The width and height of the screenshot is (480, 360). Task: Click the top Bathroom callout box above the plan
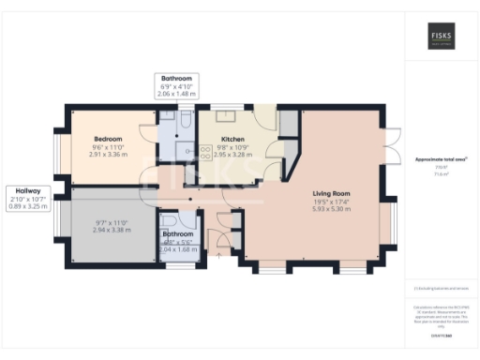point(175,86)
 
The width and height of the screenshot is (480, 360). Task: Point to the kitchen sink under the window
point(226,117)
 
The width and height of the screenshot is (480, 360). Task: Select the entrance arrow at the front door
point(219,253)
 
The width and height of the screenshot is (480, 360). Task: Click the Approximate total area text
point(440,159)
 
